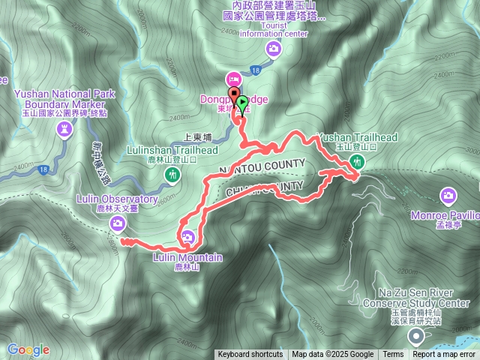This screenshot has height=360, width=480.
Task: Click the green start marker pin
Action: pyautogui.click(x=241, y=103)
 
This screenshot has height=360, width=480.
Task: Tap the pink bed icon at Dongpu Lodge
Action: pyautogui.click(x=233, y=79)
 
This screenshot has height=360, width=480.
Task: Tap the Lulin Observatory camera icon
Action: pyautogui.click(x=118, y=223)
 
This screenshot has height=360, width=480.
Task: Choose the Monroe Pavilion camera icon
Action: pyautogui.click(x=448, y=196)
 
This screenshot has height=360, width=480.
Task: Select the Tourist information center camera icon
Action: pyautogui.click(x=274, y=49)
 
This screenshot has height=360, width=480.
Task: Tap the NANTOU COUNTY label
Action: pyautogui.click(x=262, y=165)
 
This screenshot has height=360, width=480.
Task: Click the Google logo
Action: pyautogui.click(x=28, y=349)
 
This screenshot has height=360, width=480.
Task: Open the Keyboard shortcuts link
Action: pyautogui.click(x=250, y=355)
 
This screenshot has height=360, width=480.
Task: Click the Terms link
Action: pyautogui.click(x=392, y=355)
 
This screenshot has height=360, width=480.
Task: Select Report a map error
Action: pyautogui.click(x=444, y=355)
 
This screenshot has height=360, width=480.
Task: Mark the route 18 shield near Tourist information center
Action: pyautogui.click(x=256, y=70)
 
